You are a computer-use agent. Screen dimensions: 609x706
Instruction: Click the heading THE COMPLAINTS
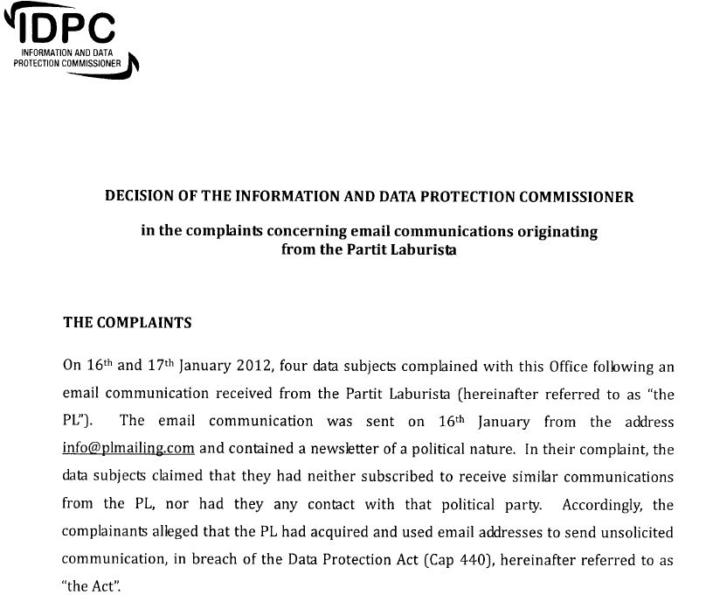pos(128,322)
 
